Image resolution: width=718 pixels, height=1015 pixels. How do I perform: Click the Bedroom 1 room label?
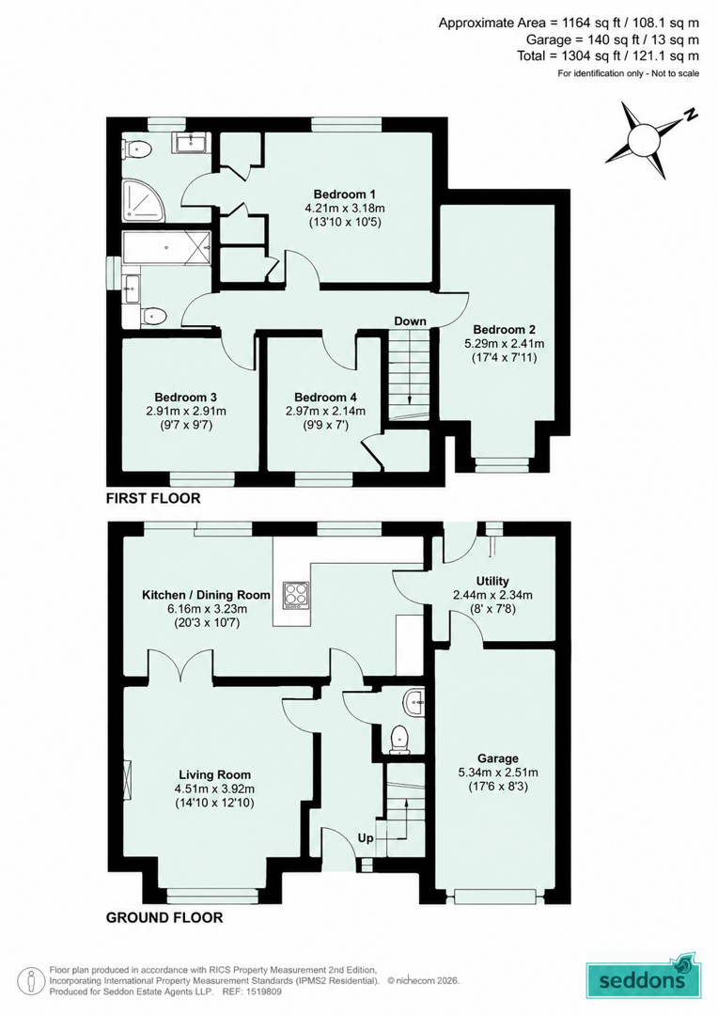[344, 195]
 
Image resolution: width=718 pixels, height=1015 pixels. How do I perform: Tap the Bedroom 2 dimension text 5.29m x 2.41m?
[505, 344]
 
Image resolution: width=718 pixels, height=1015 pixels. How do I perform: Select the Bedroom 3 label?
[185, 398]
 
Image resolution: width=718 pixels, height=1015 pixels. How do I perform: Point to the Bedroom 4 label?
[325, 398]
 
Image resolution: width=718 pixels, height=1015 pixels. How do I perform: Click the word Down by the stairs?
[411, 321]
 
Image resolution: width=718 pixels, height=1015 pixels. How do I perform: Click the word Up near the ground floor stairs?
[366, 838]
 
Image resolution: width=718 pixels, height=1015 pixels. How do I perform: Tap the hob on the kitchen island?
[294, 596]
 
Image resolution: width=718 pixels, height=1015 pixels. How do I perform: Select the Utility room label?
[492, 582]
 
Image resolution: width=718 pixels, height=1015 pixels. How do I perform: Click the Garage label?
[498, 758]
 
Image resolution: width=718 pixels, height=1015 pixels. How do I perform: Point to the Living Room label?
[214, 774]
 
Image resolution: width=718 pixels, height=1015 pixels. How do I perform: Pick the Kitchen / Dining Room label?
[207, 595]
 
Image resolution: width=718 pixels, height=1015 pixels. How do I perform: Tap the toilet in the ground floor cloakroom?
[400, 740]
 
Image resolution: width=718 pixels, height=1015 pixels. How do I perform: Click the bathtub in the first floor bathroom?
[167, 247]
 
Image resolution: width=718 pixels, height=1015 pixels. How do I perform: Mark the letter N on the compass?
[692, 116]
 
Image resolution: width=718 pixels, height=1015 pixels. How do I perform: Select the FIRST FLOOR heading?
[153, 498]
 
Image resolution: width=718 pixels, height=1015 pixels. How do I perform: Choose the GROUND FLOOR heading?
[164, 918]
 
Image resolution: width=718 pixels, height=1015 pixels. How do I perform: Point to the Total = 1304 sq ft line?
[608, 56]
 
